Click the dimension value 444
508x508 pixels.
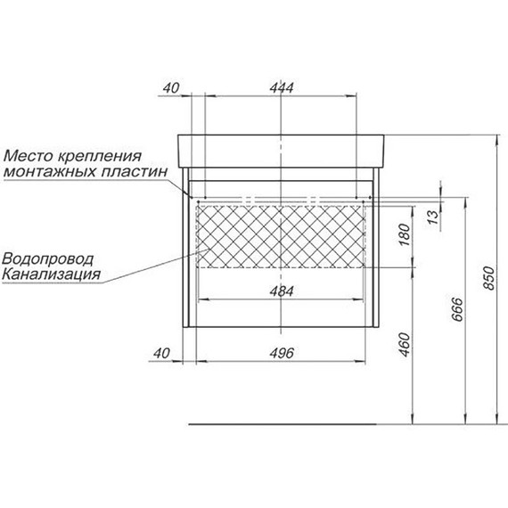click(282, 88)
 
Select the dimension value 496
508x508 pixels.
click(282, 353)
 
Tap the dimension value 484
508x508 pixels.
click(282, 291)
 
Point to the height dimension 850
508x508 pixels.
click(489, 278)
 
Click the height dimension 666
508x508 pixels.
click(458, 309)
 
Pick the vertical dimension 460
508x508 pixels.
click(405, 345)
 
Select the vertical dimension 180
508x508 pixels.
click(405, 234)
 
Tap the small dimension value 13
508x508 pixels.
click(433, 217)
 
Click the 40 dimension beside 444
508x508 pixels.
click(171, 88)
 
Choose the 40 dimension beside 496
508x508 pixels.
click(161, 353)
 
